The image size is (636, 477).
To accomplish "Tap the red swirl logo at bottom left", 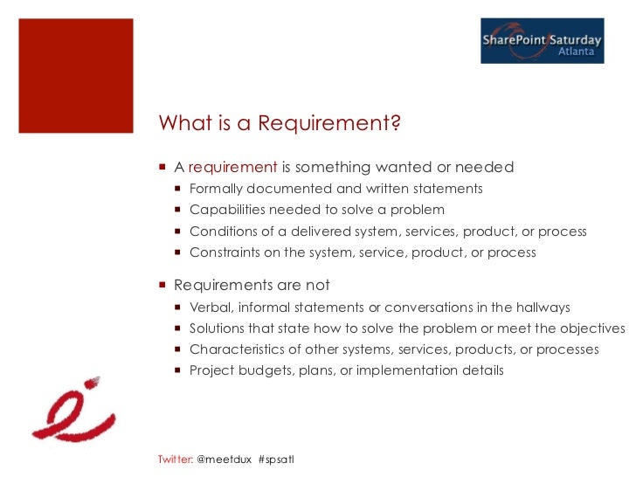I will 70,410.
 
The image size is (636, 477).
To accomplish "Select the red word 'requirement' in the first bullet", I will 233,167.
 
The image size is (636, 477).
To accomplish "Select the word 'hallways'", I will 542,308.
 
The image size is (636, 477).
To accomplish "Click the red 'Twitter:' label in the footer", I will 176,460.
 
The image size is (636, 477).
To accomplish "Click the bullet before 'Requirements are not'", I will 163,286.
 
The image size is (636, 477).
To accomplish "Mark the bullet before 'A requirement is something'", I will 163,167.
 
